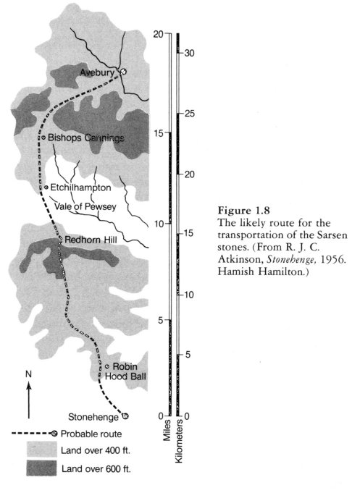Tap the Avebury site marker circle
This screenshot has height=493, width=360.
click(x=122, y=72)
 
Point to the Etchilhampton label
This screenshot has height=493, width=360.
click(x=80, y=187)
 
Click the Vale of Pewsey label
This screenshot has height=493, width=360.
click(x=85, y=206)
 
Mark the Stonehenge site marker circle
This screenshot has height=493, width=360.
click(x=125, y=416)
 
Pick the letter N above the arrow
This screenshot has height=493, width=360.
click(x=28, y=374)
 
